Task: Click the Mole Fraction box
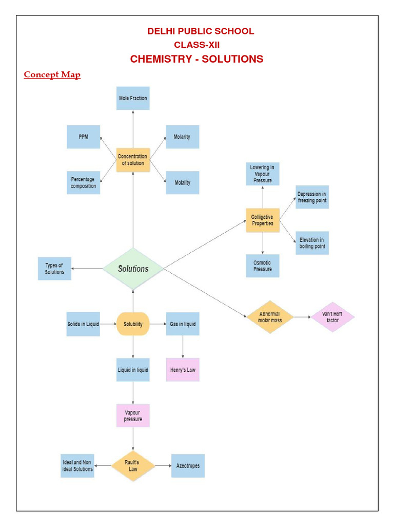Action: pos(133,98)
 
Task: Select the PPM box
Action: pos(83,137)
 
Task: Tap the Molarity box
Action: pos(182,137)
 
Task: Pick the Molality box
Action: pos(182,182)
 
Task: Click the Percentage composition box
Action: pos(83,182)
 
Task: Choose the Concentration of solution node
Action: pos(133,160)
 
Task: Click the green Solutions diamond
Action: pos(133,268)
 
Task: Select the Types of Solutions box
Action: pos(54,269)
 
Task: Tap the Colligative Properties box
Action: pos(263,220)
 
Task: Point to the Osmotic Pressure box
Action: pos(263,266)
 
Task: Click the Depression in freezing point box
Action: pos(312,197)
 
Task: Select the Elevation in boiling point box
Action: pos(312,243)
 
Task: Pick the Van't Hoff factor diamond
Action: pos(332,317)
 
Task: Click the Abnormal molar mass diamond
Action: pos(270,316)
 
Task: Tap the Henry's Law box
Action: pos(182,370)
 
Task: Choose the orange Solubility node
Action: pos(133,324)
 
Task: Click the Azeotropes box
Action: pos(188,466)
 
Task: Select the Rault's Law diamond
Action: pos(133,466)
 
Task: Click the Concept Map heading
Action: pos(52,75)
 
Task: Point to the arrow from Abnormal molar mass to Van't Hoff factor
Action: pos(302,317)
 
